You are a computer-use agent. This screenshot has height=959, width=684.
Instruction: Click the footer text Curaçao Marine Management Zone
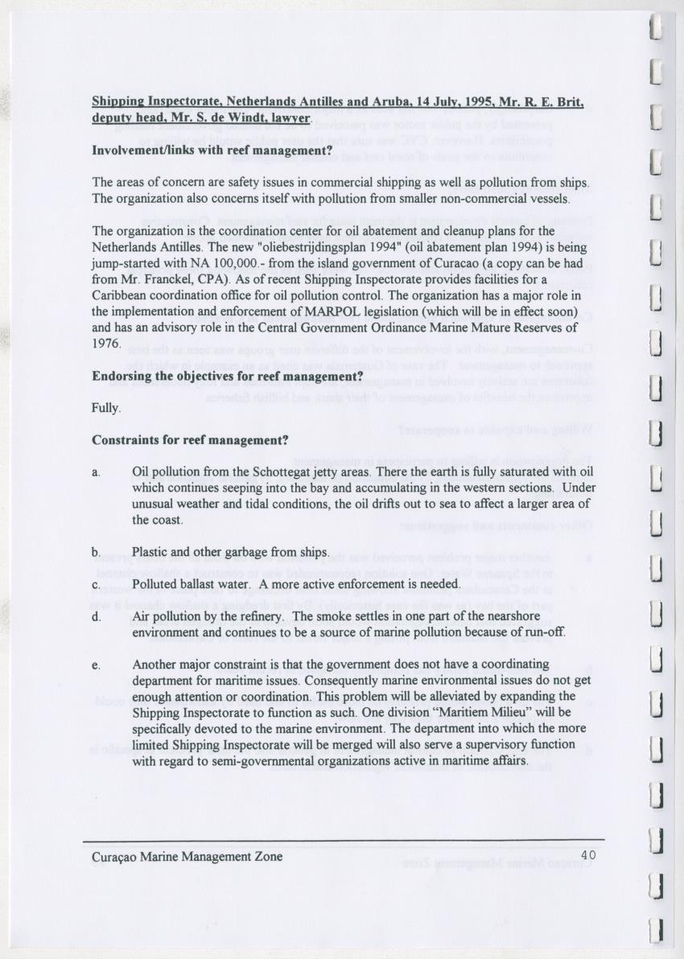pyautogui.click(x=187, y=857)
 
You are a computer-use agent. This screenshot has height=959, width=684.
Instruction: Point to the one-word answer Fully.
pyautogui.click(x=106, y=408)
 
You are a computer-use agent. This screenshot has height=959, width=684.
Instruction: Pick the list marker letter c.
pyautogui.click(x=96, y=584)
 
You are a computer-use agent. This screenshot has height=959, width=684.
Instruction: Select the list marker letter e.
pyautogui.click(x=96, y=665)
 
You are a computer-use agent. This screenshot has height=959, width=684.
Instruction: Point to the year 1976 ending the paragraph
pyautogui.click(x=106, y=344)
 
